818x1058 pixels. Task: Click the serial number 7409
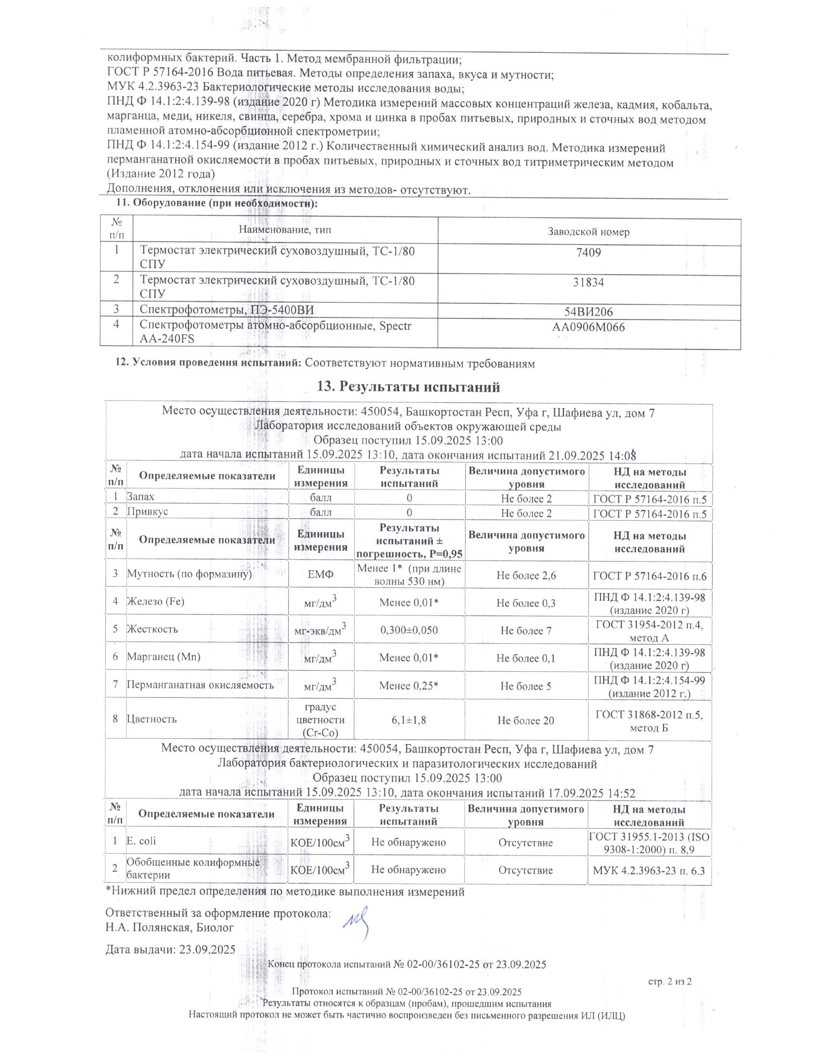click(x=588, y=253)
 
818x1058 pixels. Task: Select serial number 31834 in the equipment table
click(x=588, y=282)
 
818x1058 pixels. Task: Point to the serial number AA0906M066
click(x=588, y=328)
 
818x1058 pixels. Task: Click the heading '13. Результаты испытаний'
click(x=408, y=387)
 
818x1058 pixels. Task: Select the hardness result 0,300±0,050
click(x=409, y=630)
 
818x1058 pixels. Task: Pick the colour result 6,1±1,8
click(x=409, y=720)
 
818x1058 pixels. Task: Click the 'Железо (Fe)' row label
click(x=155, y=602)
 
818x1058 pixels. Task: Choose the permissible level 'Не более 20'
click(x=526, y=721)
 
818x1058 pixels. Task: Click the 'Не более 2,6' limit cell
click(x=526, y=576)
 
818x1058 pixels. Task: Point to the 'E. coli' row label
click(x=141, y=841)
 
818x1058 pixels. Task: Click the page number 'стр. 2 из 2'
click(x=670, y=982)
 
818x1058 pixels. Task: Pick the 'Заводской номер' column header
click(x=588, y=232)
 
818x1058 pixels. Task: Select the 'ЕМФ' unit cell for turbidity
click(x=321, y=576)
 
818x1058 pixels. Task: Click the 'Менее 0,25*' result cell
click(x=409, y=686)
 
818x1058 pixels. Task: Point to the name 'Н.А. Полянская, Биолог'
click(x=169, y=928)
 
